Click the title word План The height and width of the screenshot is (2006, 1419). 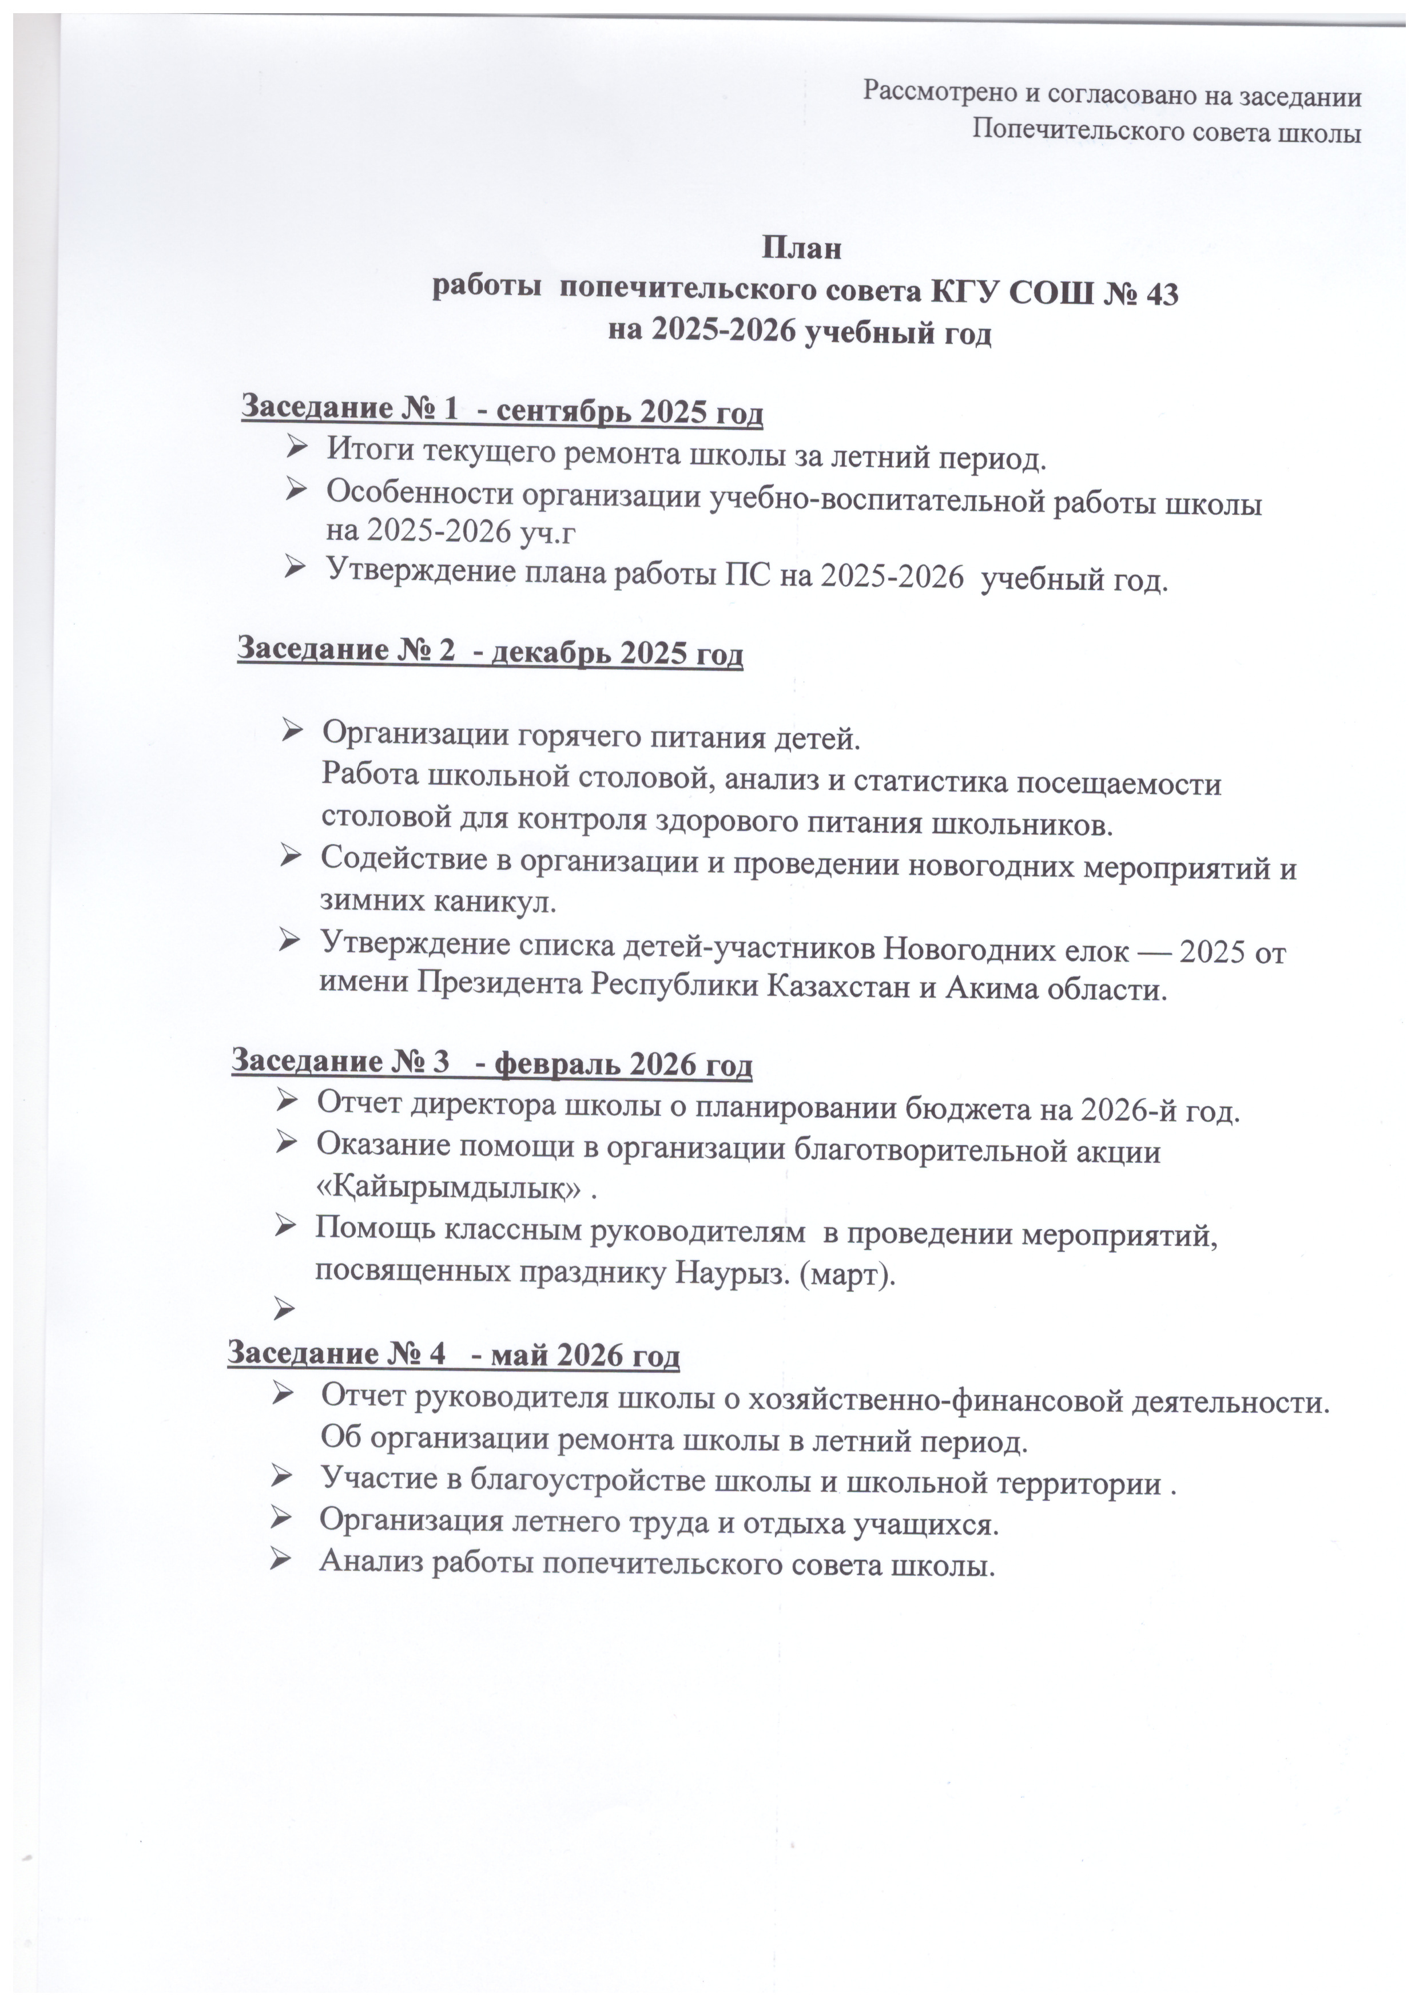pos(803,248)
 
